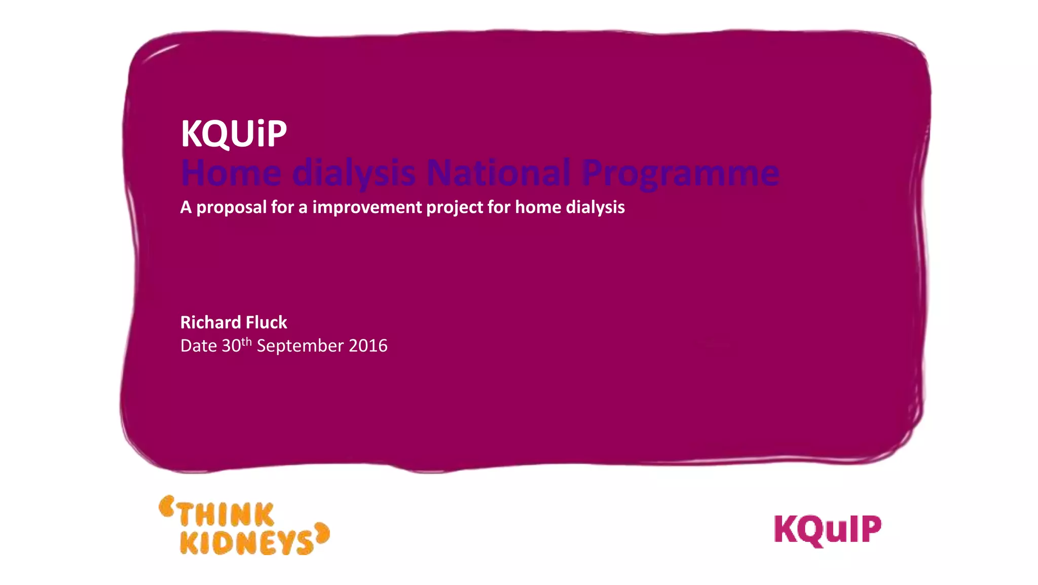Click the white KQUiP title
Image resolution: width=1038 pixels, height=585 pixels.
234,134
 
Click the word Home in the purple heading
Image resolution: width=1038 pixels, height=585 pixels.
231,174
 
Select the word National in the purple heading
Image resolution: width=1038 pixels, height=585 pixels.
498,174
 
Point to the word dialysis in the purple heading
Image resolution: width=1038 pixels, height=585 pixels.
354,174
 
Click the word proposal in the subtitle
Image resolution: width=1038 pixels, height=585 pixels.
231,208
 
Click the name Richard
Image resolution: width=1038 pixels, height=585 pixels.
210,323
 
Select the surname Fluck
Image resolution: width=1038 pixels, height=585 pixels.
266,323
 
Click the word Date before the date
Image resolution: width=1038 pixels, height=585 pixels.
199,346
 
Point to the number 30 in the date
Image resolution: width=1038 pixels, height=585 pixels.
231,346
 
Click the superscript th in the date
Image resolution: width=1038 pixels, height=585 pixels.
246,341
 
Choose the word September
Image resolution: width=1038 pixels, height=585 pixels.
300,347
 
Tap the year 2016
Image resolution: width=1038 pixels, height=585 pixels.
368,346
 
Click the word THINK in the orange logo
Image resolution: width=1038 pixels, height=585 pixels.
226,515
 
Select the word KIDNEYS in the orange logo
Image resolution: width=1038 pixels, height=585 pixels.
247,543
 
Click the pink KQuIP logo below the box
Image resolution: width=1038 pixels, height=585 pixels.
827,530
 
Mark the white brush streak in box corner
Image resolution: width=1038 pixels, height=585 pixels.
161,53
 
